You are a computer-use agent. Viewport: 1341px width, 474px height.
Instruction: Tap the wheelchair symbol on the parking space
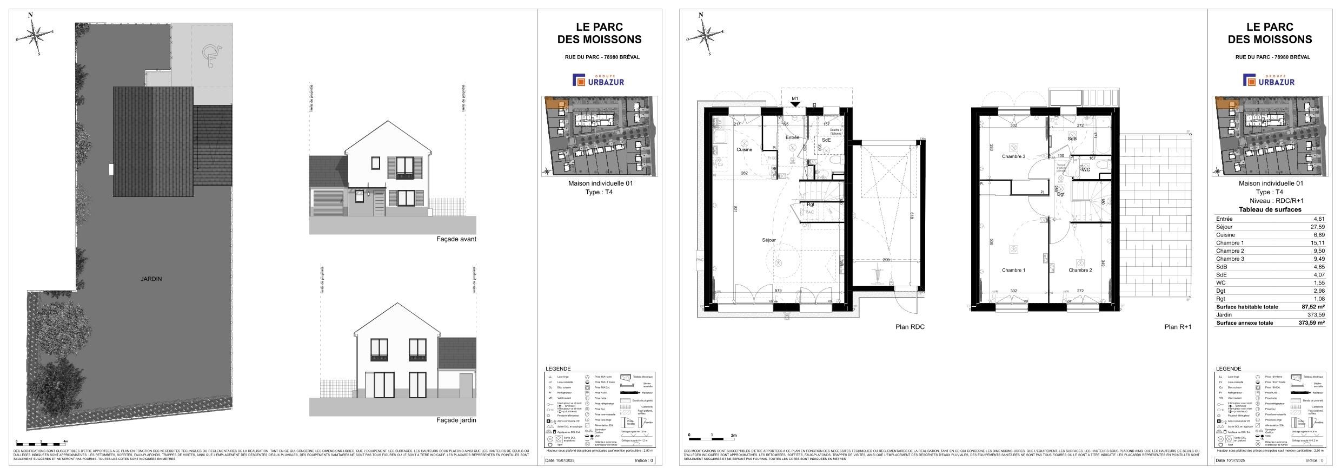point(209,54)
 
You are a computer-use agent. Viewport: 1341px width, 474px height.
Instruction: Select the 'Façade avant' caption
point(456,239)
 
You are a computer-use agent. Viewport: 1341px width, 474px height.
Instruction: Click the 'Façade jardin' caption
point(456,420)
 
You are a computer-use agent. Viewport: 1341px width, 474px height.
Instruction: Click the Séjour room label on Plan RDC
point(768,240)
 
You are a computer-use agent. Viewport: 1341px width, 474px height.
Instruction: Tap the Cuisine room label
point(744,150)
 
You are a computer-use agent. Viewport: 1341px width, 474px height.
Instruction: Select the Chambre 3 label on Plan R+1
point(1013,157)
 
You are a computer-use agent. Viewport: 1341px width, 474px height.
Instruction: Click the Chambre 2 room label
point(1080,270)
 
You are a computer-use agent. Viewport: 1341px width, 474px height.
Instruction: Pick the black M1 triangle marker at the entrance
point(795,104)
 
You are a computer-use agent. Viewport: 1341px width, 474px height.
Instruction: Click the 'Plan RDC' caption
point(910,327)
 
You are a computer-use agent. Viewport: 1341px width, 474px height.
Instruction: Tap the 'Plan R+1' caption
point(1178,327)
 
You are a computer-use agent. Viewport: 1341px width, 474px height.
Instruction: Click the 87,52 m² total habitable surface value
point(1314,307)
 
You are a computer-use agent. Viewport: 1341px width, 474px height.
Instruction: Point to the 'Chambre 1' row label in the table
point(1230,243)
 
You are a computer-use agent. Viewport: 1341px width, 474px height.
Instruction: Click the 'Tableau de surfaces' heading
point(1270,209)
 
